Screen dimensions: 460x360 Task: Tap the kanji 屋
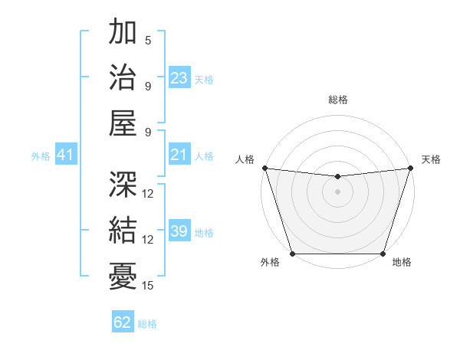coord(123,122)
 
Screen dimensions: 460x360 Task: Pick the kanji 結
coord(123,230)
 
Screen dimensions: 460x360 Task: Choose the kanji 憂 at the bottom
coord(123,275)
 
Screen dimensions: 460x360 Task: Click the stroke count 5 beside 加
coord(148,40)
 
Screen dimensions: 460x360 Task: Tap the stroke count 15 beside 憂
coord(148,286)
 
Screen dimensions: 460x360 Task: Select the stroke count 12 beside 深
coord(148,194)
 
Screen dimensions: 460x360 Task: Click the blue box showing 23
coord(179,78)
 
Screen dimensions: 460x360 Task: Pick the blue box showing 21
coord(179,155)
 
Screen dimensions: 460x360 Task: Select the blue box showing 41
coord(65,155)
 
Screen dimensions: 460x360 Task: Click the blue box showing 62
coord(122,322)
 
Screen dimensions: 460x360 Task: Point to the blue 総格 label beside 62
coord(147,324)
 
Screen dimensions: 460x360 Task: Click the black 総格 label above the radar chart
coord(337,100)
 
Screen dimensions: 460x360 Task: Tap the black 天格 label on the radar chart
coord(431,159)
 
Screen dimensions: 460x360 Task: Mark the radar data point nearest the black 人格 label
coord(264,168)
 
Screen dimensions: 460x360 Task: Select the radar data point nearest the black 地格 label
coord(383,254)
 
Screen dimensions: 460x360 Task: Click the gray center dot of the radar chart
coord(337,191)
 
